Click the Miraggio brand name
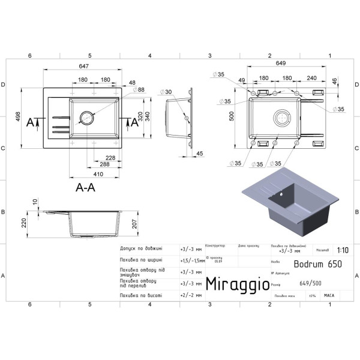click(x=238, y=284)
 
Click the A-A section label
click(x=85, y=187)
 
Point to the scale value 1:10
click(x=343, y=251)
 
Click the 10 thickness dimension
click(x=35, y=202)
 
